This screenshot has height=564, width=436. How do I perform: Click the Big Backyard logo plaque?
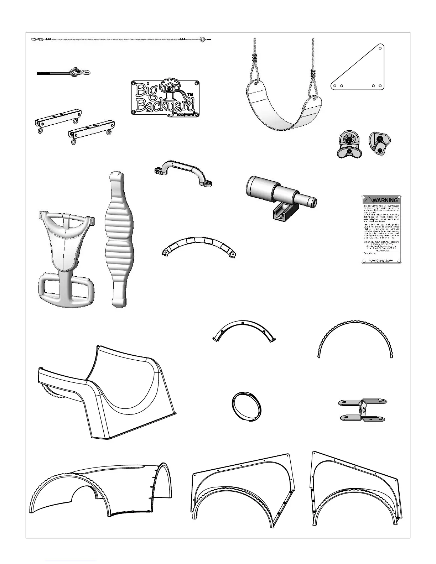(165, 98)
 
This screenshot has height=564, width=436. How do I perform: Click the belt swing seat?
(284, 107)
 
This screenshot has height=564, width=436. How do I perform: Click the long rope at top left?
(121, 39)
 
